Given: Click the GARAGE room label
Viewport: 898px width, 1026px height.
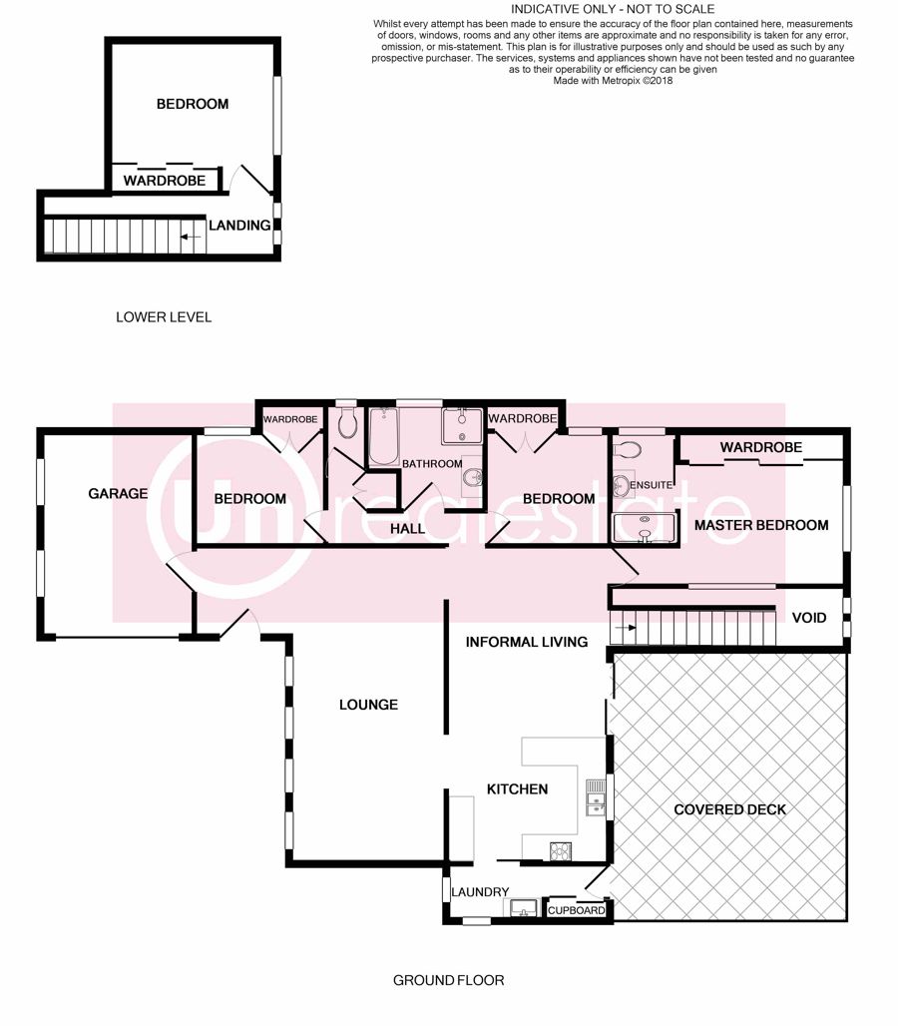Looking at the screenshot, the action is (118, 493).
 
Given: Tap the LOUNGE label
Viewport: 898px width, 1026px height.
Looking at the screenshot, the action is (368, 705).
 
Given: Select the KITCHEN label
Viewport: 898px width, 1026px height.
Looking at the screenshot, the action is (517, 789).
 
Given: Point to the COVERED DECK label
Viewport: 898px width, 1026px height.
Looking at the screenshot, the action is (730, 809).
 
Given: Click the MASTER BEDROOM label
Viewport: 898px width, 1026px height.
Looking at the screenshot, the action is (761, 525).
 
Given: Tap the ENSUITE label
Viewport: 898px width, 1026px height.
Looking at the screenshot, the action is (651, 485).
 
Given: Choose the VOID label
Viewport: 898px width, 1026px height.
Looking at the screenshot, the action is (809, 618).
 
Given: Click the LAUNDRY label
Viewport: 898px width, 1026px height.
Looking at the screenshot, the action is (480, 892).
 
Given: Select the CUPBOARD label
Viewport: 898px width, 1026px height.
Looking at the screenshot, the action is (576, 910).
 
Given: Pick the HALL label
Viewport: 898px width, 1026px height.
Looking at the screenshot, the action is (407, 529).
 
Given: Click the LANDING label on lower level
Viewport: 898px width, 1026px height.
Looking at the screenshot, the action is (239, 226).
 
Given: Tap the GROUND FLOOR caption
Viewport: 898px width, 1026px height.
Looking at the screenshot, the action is (449, 980).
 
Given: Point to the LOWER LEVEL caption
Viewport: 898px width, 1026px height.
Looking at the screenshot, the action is (164, 317).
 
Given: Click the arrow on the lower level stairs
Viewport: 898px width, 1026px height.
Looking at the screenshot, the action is (191, 237).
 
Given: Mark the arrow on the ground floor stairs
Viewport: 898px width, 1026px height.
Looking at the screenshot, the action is (625, 628).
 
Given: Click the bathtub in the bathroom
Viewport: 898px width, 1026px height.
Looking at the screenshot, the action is (384, 436).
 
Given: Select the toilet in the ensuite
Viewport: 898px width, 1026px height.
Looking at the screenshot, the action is (629, 449).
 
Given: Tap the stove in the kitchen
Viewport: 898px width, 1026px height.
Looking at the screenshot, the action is (561, 850).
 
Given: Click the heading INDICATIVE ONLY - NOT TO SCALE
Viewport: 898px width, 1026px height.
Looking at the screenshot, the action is (613, 9).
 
